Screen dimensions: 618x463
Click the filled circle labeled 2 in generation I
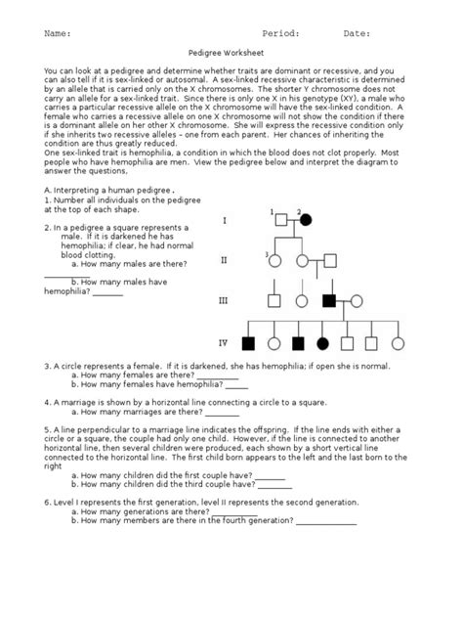pos(306,220)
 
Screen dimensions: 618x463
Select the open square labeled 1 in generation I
pos(278,220)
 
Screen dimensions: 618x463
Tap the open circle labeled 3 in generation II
pos(275,261)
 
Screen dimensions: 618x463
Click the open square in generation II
pos(333,261)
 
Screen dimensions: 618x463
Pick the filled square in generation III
pos(331,302)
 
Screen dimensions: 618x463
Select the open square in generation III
pos(275,302)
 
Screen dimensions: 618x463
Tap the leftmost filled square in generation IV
pos(248,343)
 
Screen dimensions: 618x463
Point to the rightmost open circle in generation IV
pos(397,343)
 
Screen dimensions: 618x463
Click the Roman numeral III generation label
pos(224,301)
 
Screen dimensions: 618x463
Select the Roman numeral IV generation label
pos(224,343)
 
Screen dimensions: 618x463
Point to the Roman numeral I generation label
pos(224,221)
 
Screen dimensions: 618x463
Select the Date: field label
pos(357,33)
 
